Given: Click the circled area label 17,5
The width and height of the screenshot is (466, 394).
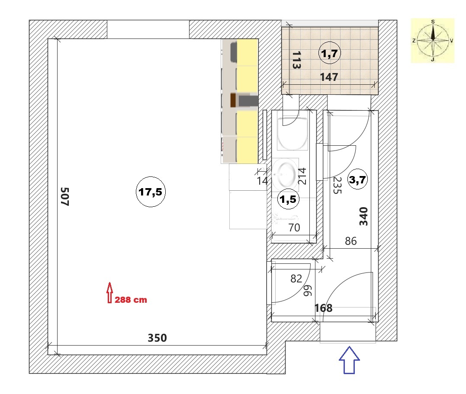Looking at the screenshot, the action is click(151, 192).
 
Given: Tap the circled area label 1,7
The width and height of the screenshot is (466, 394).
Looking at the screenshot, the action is click(330, 54).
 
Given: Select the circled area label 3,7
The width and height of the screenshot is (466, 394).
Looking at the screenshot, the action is click(357, 179).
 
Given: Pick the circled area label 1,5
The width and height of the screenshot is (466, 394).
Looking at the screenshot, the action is click(288, 199).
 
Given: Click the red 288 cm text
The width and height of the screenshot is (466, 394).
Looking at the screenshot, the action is click(131, 300).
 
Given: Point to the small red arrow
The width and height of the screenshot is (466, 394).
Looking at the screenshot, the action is click(109, 292).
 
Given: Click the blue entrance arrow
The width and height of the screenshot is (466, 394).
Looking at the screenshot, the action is click(349, 360).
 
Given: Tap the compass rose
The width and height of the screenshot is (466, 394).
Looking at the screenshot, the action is click(433, 40).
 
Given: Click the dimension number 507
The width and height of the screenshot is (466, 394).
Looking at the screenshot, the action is click(65, 196).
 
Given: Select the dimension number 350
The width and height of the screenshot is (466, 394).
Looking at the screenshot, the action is click(157, 338).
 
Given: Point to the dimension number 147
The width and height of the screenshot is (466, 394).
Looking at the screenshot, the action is click(329, 77).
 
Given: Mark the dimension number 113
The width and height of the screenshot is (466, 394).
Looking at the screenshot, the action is click(296, 60).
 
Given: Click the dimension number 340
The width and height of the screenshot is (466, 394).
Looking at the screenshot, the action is click(363, 216).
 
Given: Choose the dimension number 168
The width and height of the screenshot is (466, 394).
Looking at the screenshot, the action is click(323, 308).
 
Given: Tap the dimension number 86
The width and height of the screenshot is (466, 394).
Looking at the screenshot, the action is click(350, 241).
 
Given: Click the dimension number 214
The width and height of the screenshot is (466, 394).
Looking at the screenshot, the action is click(302, 176).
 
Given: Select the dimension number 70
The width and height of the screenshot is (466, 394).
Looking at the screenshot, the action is click(294, 227).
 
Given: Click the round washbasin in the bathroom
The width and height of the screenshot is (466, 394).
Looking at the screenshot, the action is click(285, 174).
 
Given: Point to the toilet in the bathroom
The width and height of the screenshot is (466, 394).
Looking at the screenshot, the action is click(292, 132).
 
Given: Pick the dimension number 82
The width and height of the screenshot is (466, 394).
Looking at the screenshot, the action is click(296, 279).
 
